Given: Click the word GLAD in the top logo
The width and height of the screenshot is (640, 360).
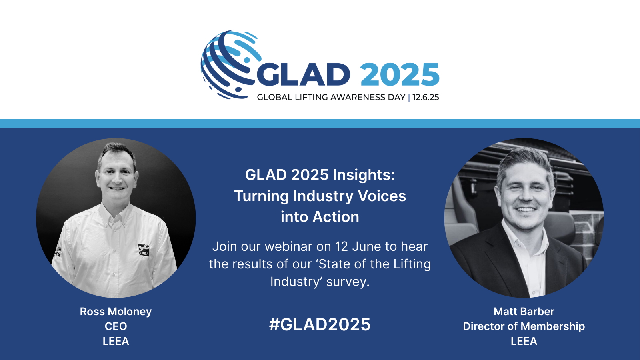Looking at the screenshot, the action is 304,74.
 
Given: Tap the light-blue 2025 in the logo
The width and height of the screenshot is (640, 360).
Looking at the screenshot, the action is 400,74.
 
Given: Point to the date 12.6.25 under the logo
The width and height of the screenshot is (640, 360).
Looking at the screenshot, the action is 426,98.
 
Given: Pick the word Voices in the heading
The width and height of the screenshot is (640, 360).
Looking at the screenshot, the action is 382,196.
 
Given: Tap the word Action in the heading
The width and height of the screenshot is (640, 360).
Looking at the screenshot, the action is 336,217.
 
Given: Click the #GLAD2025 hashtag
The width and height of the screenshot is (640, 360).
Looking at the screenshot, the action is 320,324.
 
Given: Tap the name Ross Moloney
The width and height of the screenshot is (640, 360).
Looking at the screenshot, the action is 116,312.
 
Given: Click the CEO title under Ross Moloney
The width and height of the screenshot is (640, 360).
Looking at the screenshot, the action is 116,326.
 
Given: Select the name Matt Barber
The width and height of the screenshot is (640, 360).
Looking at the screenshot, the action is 524,312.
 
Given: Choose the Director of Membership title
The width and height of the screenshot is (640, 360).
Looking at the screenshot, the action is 524,326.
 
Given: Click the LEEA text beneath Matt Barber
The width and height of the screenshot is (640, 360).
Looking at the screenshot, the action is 524,341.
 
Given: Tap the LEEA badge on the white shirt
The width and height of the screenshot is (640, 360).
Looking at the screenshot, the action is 144,250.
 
